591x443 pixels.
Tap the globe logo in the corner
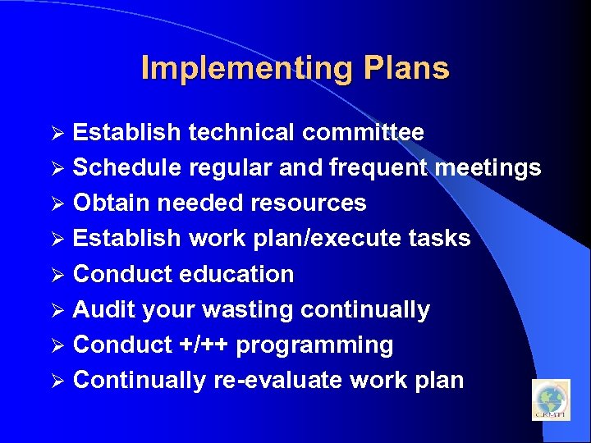click(550, 400)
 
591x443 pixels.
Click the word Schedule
click(127, 168)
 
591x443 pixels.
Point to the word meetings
click(488, 168)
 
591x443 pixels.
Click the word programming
click(314, 345)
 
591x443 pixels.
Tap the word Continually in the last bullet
click(139, 381)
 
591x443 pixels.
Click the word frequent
click(378, 168)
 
